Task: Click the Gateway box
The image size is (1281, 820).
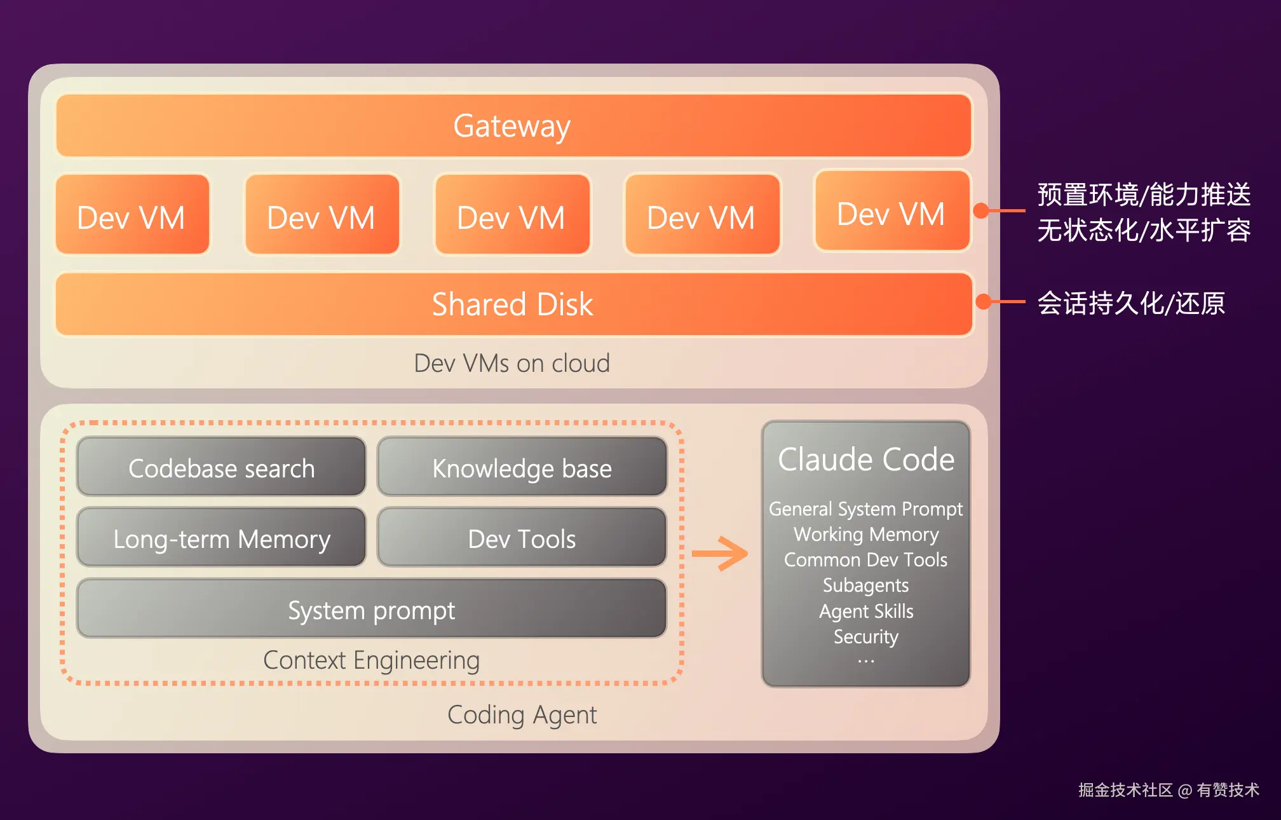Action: (513, 126)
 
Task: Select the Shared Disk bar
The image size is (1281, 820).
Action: (513, 304)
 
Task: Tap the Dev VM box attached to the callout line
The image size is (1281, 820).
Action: (891, 212)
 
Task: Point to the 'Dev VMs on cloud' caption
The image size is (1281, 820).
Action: (512, 364)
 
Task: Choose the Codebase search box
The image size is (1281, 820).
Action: (221, 468)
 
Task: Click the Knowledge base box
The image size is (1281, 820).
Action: (522, 468)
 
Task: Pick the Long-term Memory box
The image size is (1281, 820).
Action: (221, 538)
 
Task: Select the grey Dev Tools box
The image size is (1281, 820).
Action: (522, 538)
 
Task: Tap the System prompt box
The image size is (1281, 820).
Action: (371, 610)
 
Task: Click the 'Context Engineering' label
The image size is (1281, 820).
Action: (371, 660)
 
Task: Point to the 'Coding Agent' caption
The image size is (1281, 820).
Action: (522, 714)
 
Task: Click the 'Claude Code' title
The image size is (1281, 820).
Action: (865, 459)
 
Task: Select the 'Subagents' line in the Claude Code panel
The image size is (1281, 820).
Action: (865, 585)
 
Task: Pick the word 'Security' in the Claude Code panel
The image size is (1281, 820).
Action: (865, 636)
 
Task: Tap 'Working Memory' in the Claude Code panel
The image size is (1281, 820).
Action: (865, 534)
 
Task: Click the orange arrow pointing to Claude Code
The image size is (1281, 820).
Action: (720, 554)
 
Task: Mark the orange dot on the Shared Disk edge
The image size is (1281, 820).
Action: (983, 301)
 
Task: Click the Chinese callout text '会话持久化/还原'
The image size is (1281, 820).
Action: (1131, 303)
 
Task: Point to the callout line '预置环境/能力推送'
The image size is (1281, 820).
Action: (1144, 195)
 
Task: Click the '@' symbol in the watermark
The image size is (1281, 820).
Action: (1184, 791)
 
